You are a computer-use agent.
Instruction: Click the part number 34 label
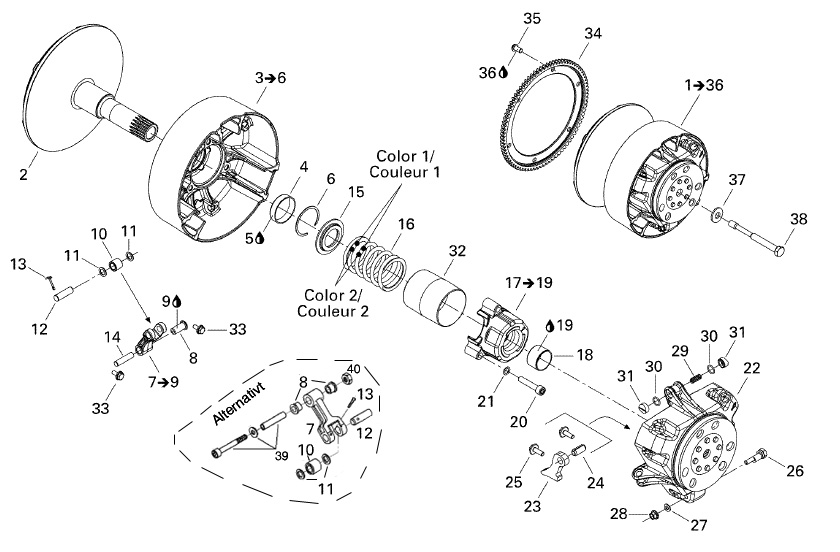click(593, 33)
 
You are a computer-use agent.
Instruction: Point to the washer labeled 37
click(718, 215)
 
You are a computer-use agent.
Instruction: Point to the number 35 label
click(531, 19)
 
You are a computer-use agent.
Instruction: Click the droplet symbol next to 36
click(503, 72)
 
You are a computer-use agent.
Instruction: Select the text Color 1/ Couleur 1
click(408, 165)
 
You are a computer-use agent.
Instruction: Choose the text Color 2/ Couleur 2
click(332, 304)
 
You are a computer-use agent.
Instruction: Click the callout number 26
click(795, 471)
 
